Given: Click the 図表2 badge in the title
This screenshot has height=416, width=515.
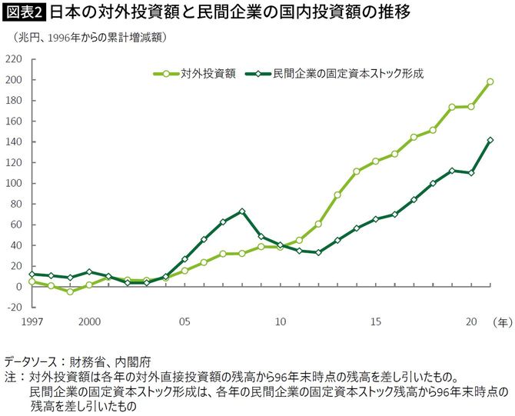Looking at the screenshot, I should tap(24, 12).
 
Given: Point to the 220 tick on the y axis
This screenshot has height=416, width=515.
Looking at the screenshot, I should tap(14, 59).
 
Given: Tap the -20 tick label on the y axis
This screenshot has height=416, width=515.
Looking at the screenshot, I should tap(14, 307).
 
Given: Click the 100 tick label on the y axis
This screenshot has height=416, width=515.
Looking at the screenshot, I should tap(14, 183).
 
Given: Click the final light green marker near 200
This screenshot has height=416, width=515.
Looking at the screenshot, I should tap(490, 82).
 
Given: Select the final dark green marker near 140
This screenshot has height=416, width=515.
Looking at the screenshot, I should tap(490, 140).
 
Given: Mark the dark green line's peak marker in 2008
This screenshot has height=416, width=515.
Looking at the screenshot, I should tap(242, 211).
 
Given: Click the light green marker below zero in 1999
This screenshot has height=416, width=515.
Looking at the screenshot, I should tap(70, 291).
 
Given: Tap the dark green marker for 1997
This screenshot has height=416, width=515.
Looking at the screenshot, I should tap(32, 274).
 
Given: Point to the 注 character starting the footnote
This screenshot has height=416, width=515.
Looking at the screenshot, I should tap(10, 378).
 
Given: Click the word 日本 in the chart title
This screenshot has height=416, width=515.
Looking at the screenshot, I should tap(63, 12).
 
